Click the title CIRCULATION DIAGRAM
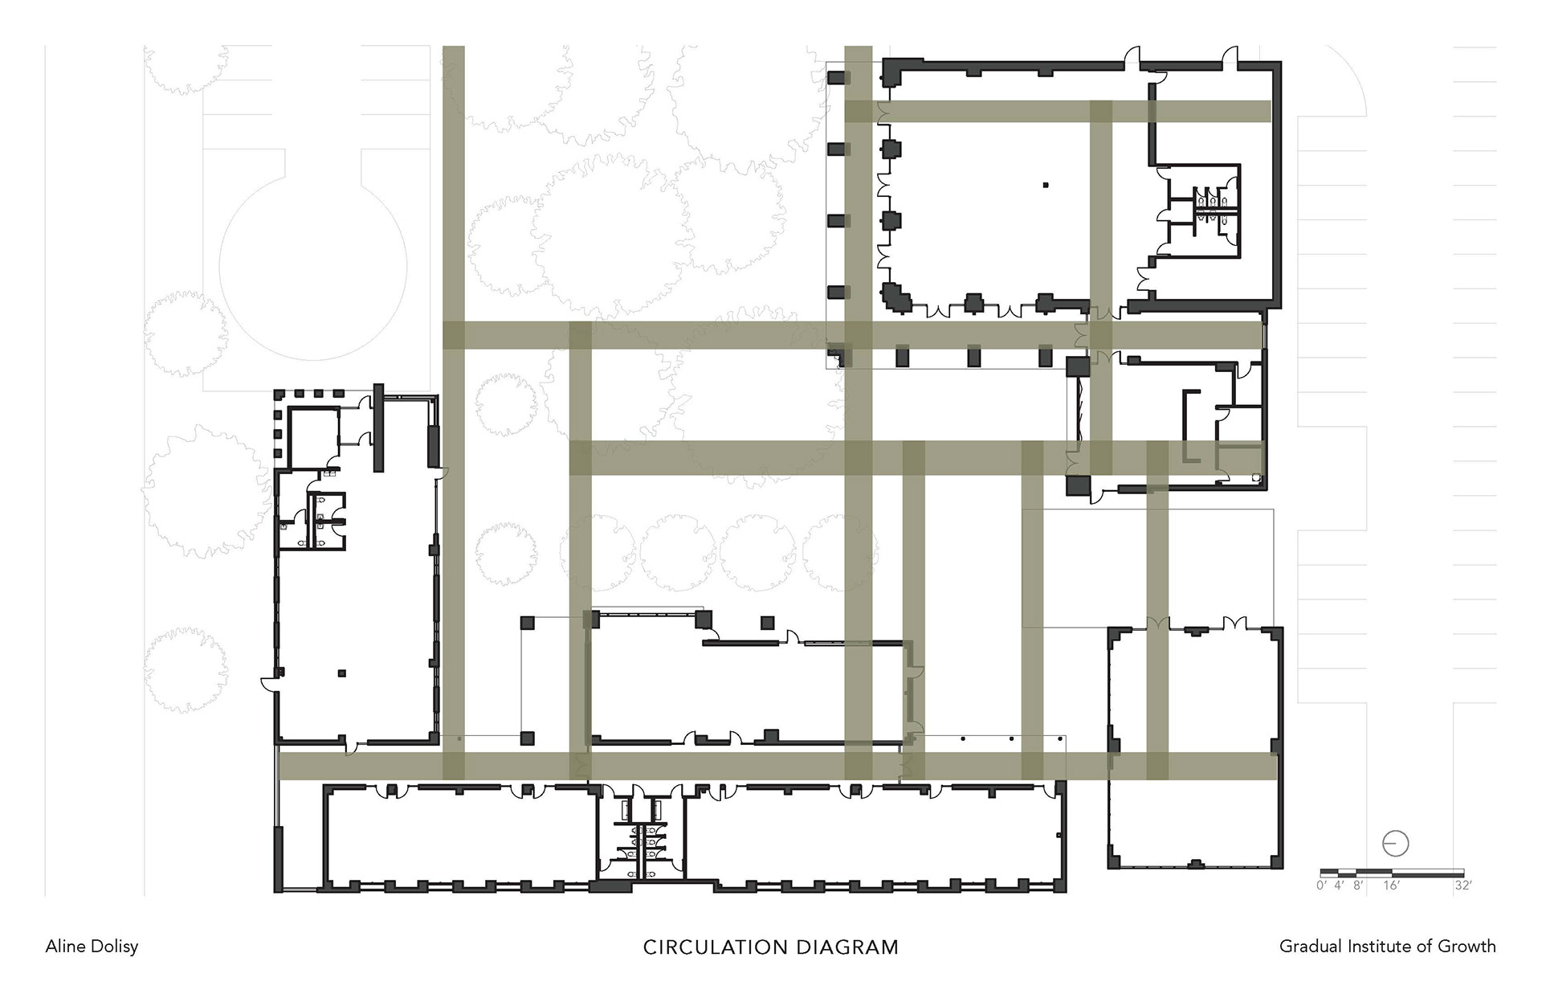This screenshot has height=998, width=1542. pyautogui.click(x=771, y=947)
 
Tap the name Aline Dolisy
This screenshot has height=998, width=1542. pyautogui.click(x=92, y=947)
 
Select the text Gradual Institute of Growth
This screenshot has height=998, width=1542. pyautogui.click(x=1387, y=947)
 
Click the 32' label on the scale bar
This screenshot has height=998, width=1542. pyautogui.click(x=1462, y=886)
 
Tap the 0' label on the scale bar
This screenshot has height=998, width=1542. pyautogui.click(x=1322, y=886)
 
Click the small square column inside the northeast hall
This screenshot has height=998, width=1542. pyautogui.click(x=1046, y=185)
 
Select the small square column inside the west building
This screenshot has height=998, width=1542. pyautogui.click(x=342, y=673)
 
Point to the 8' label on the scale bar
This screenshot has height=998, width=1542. pyautogui.click(x=1358, y=886)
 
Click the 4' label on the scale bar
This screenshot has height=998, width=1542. pyautogui.click(x=1339, y=886)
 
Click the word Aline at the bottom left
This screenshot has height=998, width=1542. pyautogui.click(x=64, y=947)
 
